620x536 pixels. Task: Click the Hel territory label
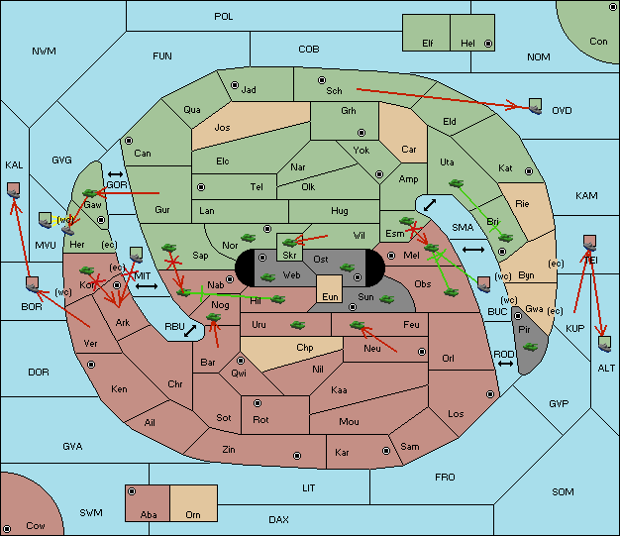(x=467, y=44)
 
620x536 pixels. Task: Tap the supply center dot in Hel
(x=488, y=44)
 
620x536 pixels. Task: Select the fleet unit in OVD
(x=536, y=106)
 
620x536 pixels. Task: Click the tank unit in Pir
(x=530, y=347)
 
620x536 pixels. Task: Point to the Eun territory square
(x=330, y=289)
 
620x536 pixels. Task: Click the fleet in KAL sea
(x=14, y=190)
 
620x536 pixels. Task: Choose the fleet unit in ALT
(x=604, y=344)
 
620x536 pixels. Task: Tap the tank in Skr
(x=290, y=242)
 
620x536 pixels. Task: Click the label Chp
(x=305, y=348)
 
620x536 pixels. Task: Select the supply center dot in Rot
(x=258, y=403)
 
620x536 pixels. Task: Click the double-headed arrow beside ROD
(x=505, y=364)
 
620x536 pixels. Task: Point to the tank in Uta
(x=456, y=183)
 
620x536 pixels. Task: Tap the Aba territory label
(x=149, y=514)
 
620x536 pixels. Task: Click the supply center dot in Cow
(x=7, y=529)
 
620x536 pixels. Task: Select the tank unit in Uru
(x=297, y=325)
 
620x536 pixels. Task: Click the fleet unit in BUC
(x=484, y=284)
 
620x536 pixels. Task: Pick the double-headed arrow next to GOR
(x=116, y=174)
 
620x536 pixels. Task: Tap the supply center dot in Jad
(x=235, y=85)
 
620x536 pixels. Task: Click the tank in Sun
(x=386, y=299)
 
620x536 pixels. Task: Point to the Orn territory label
(x=193, y=514)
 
